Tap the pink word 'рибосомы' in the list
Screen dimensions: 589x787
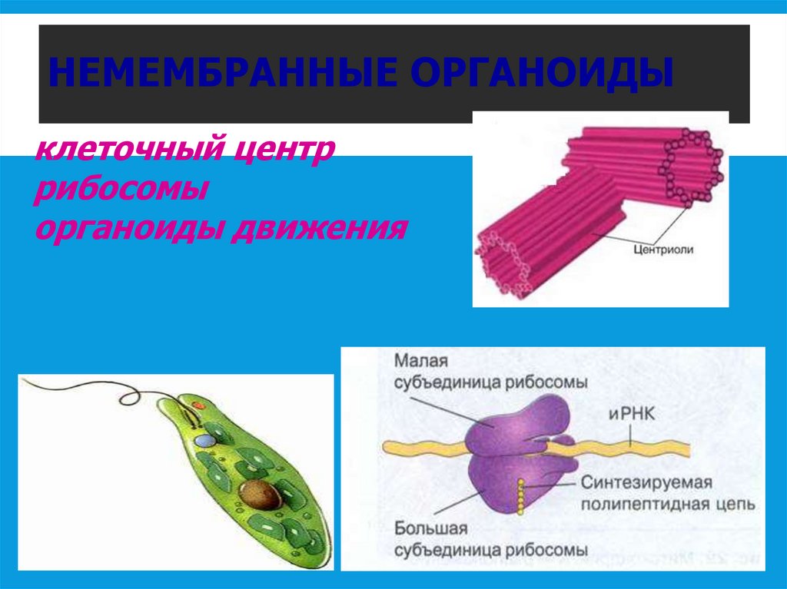tap(121, 188)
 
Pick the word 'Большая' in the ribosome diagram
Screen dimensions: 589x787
tap(427, 529)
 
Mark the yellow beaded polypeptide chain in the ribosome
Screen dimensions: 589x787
tap(523, 497)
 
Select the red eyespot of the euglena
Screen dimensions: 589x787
tap(198, 404)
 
